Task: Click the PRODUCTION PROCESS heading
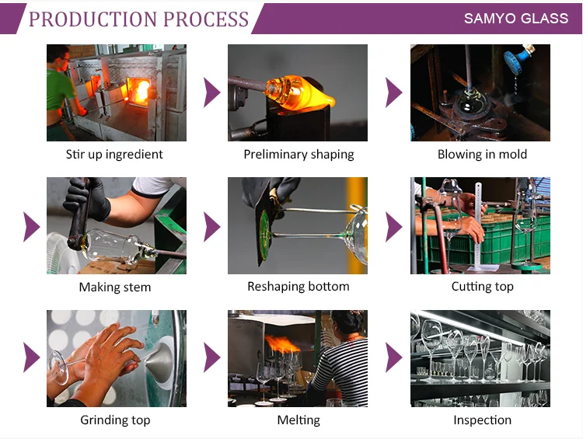click(138, 19)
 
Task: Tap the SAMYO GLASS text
click(516, 18)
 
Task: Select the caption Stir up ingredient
click(114, 154)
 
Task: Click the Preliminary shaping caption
click(298, 154)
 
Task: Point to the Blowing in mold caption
click(482, 154)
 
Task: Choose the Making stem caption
click(114, 287)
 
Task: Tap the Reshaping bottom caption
click(298, 287)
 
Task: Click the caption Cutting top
click(482, 287)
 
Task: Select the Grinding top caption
click(114, 420)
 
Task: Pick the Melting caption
click(298, 420)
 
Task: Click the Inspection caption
click(482, 420)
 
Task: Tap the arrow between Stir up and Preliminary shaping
click(211, 93)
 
